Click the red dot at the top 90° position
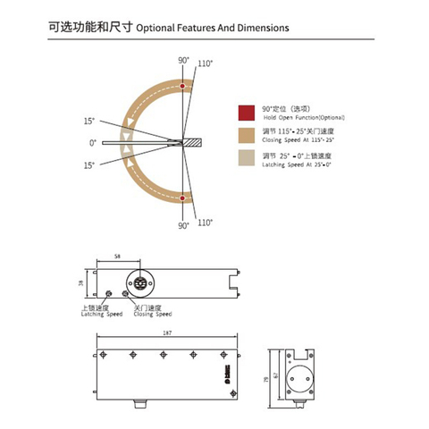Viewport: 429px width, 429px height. click(182, 87)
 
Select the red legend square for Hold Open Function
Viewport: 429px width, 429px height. click(245, 112)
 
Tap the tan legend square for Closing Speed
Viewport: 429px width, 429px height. click(245, 136)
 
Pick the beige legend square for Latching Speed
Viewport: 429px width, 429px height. click(245, 159)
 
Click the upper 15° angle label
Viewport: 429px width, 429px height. click(90, 121)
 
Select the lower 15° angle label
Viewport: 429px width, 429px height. click(90, 165)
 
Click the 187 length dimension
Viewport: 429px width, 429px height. click(167, 333)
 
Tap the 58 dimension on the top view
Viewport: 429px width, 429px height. click(119, 257)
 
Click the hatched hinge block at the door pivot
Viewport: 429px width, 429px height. click(191, 142)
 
